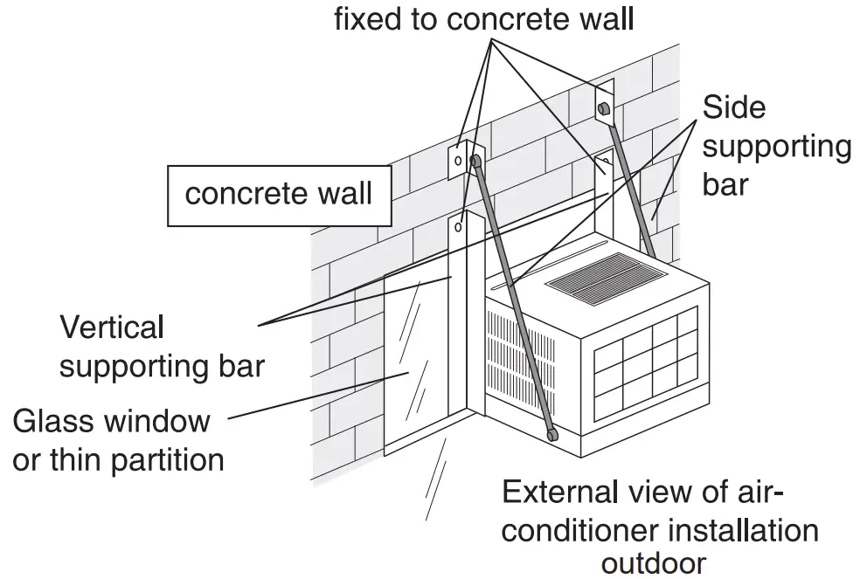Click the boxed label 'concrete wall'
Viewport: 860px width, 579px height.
pyautogui.click(x=279, y=194)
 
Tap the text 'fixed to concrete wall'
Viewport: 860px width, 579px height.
pyautogui.click(x=484, y=19)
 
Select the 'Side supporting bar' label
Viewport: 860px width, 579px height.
pyautogui.click(x=776, y=146)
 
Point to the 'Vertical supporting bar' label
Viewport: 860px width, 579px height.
pyautogui.click(x=162, y=347)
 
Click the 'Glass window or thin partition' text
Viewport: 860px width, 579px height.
pyautogui.click(x=118, y=440)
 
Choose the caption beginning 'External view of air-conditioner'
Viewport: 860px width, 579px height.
pyautogui.click(x=660, y=528)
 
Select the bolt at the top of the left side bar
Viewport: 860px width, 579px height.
pyautogui.click(x=476, y=161)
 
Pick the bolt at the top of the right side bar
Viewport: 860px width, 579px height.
pyautogui.click(x=603, y=108)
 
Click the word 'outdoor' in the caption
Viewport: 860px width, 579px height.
pyautogui.click(x=653, y=563)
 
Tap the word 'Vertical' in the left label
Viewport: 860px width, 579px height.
pyautogui.click(x=112, y=328)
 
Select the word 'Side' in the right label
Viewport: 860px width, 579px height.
pyautogui.click(x=733, y=107)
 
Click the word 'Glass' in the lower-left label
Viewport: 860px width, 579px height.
pyautogui.click(x=54, y=422)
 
